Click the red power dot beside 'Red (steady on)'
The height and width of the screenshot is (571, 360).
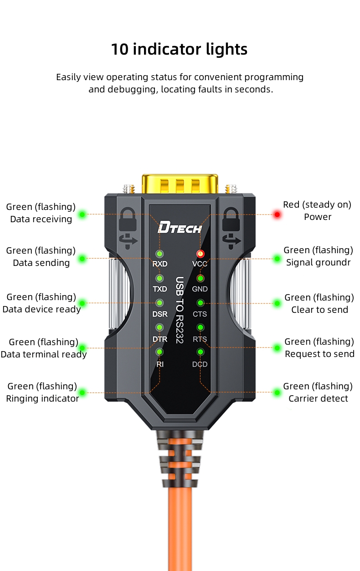click(277, 214)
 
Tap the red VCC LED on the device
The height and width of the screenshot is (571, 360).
click(200, 254)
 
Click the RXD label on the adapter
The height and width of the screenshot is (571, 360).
click(160, 264)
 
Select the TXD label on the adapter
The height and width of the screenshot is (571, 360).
click(160, 289)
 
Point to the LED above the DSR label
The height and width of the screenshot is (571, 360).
click(160, 302)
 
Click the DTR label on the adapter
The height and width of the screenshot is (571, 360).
click(160, 339)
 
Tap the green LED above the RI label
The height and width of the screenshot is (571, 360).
click(160, 352)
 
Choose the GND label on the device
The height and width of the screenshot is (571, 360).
click(200, 289)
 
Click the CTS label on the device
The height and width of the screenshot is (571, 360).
click(200, 314)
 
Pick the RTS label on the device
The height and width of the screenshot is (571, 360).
click(200, 339)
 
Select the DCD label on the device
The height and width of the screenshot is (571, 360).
click(200, 364)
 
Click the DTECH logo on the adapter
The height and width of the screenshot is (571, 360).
click(179, 227)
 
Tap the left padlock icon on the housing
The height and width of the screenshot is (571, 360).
click(127, 220)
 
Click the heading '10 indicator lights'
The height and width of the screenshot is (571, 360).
click(179, 49)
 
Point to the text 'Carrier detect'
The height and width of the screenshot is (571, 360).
click(318, 399)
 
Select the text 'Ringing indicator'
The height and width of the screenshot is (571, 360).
click(42, 399)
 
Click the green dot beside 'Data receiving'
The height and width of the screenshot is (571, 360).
click(82, 214)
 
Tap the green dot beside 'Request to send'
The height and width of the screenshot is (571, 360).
click(277, 348)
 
